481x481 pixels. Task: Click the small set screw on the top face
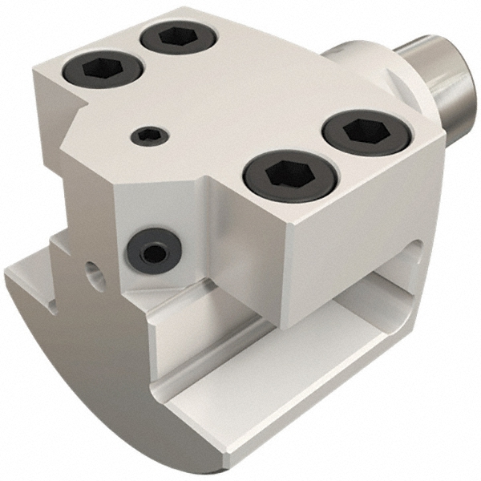coord(147,136)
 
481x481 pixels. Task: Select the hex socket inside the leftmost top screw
coord(100,69)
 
